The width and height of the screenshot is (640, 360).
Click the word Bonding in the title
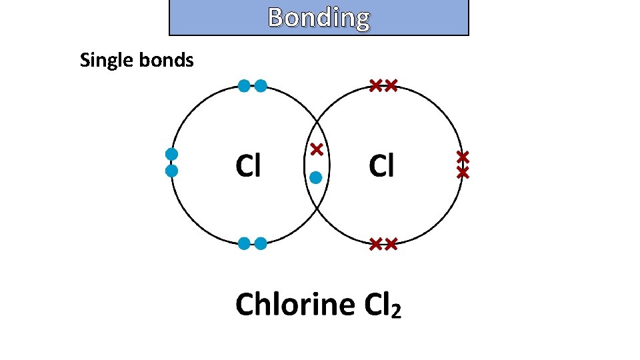(x=319, y=18)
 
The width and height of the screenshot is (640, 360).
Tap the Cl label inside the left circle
(x=248, y=166)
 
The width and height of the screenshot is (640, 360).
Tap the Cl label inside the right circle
(x=381, y=166)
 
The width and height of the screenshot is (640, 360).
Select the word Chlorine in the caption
(x=295, y=305)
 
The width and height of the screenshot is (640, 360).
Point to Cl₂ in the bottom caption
(x=383, y=305)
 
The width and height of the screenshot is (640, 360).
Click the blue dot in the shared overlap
(x=316, y=177)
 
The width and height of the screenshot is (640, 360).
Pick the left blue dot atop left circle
(x=244, y=85)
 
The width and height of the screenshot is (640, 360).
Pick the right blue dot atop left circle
(x=261, y=85)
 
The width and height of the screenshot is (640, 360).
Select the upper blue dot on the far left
(x=171, y=154)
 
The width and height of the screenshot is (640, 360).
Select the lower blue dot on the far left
(x=171, y=171)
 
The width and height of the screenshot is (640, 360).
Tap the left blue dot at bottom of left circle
(x=244, y=244)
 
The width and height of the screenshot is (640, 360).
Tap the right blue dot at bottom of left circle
(x=261, y=244)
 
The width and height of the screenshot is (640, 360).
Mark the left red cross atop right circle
(x=375, y=85)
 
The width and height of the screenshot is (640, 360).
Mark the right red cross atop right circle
(x=391, y=85)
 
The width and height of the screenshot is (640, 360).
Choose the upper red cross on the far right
(x=463, y=157)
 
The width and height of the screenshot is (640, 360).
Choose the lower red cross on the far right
(x=463, y=173)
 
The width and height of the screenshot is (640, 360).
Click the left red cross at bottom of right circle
(x=375, y=244)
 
